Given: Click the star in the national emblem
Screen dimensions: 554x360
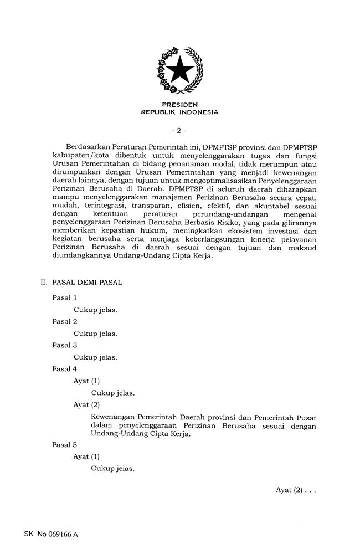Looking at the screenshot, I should pos(180,70).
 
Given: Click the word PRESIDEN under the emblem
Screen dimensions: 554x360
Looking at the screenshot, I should pos(180,104).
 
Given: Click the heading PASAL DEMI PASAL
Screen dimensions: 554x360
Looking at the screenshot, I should pos(87,282).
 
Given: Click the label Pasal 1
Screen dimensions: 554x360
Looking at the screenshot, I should pos(64,297).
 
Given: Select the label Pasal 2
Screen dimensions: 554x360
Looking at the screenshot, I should pos(64,321).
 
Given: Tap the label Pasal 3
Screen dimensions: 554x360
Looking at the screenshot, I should pos(64,345).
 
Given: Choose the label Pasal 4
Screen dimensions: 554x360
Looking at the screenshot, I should pos(64,369).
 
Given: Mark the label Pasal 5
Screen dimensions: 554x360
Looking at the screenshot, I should pos(64,445).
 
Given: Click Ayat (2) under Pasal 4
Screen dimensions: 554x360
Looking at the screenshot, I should pos(86,404).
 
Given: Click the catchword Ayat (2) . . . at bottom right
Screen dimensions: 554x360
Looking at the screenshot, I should pos(296,490).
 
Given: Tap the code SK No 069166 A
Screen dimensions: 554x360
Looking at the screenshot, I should pos(51,535).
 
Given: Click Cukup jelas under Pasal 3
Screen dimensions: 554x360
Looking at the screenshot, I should pos(95,357).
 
